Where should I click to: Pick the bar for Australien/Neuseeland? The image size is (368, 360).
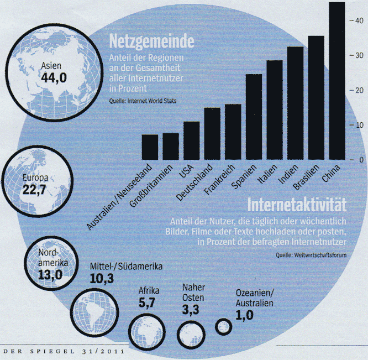tap(150, 147)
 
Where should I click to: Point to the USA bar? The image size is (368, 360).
tap(191, 141)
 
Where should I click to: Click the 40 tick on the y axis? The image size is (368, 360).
tap(358, 20)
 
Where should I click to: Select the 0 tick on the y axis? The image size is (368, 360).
tap(360, 160)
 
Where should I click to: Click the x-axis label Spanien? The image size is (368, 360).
tap(243, 176)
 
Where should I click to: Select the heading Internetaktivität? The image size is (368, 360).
tap(297, 205)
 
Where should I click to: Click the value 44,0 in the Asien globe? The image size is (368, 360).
tap(54, 78)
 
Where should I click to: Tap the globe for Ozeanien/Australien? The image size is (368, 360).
tap(224, 327)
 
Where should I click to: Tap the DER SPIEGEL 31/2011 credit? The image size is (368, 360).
tap(62, 351)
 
